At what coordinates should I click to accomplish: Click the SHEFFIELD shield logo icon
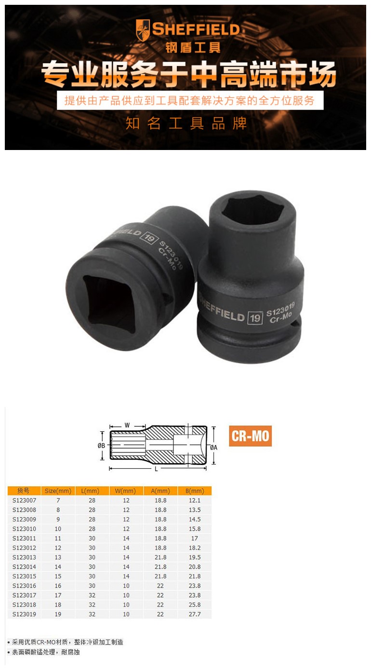(143, 30)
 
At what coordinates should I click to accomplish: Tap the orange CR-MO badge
(251, 436)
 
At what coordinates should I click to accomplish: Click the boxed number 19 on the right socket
(255, 318)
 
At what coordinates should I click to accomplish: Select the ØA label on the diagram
(213, 448)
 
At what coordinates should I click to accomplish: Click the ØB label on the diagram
(101, 446)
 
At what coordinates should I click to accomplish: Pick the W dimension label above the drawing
(127, 425)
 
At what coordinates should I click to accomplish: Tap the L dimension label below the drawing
(156, 469)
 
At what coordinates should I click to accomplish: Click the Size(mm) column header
(58, 491)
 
